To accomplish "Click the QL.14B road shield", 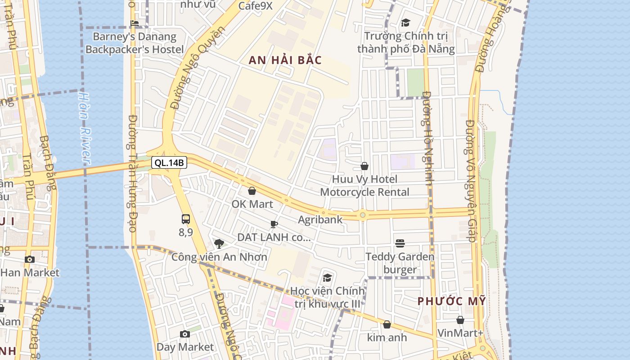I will coord(169,162).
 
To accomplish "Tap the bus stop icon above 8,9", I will coord(185,219).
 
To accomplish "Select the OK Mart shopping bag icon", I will coord(252,191).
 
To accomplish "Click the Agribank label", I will coord(320,220).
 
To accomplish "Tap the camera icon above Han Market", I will coord(30,259).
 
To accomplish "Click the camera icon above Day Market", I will coord(184,334).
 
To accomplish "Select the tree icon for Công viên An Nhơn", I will coord(219,244).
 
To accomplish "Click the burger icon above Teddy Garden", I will coord(400,243).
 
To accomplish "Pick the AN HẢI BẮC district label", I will coord(285,60).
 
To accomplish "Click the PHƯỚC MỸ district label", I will coord(451,301).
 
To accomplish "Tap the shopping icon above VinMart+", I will coord(460,320).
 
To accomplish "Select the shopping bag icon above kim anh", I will coord(387,324).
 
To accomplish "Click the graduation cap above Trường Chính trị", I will coord(405,22).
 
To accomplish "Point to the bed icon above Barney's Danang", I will coord(134,23).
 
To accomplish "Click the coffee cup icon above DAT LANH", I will coord(274,224).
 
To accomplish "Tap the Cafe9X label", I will coord(255,6).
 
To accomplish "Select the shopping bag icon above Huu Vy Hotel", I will coord(364,166).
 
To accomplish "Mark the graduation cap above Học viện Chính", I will coord(327,278).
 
